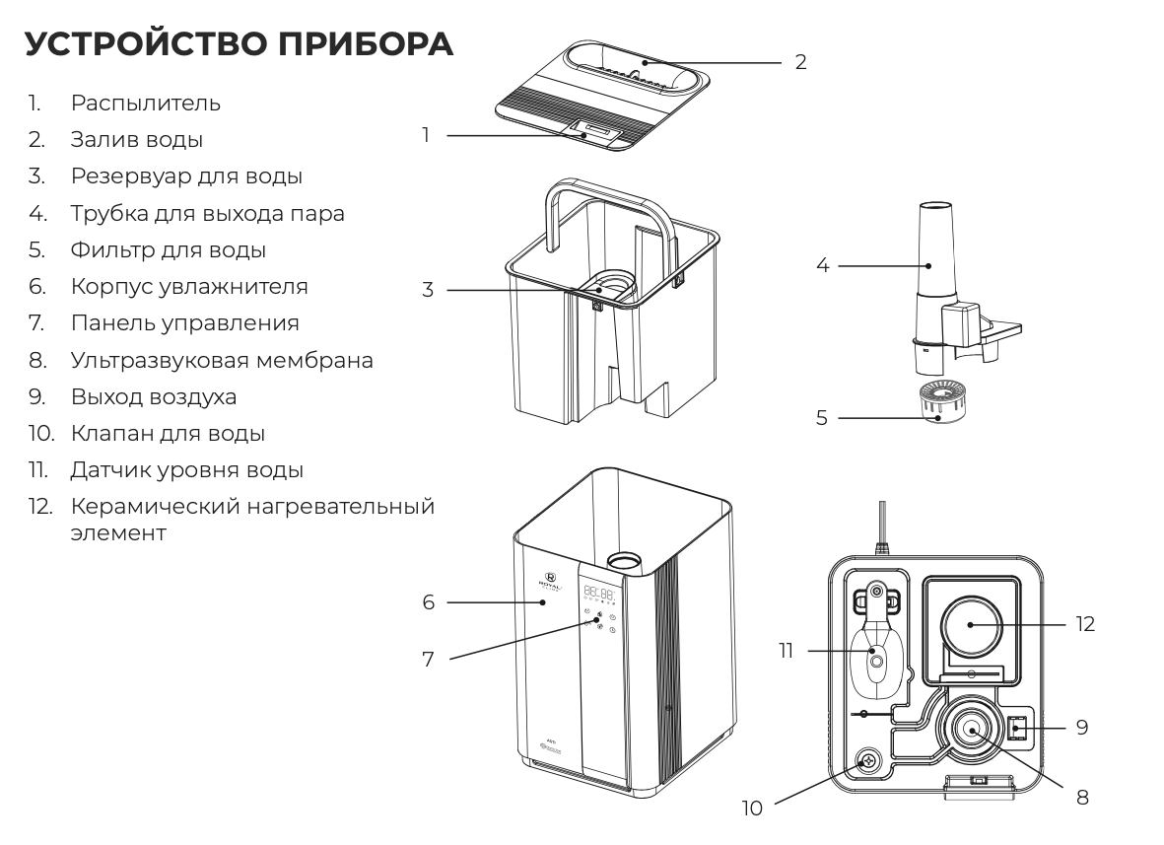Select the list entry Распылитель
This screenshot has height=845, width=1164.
tap(145, 103)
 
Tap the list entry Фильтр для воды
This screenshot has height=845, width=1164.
tap(168, 250)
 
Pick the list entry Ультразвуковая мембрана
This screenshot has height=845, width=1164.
tap(222, 360)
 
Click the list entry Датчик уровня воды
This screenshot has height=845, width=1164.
tap(186, 470)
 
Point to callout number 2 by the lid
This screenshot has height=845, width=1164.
tap(800, 62)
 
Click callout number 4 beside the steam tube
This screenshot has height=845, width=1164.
tap(823, 266)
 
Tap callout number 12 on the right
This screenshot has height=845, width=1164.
tap(1086, 624)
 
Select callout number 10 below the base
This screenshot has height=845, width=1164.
tap(752, 809)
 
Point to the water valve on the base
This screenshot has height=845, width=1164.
tap(868, 761)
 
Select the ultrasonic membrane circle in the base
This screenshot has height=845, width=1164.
tap(971, 731)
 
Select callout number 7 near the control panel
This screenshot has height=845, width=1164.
tap(428, 660)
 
